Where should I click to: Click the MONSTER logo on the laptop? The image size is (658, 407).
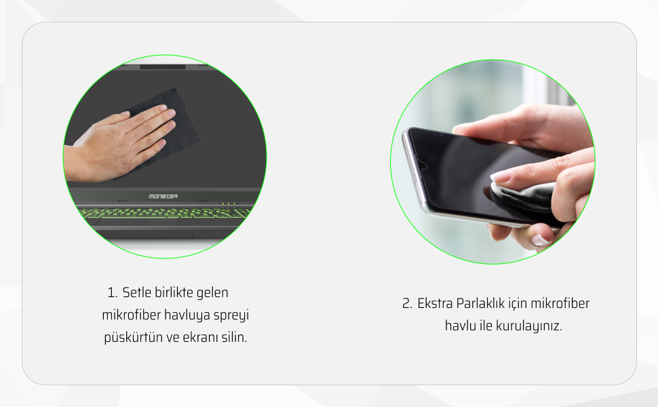(163, 196)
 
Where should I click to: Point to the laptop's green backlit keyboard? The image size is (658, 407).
(163, 213)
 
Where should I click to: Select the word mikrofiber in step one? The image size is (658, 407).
(131, 315)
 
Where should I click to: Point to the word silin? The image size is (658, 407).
(234, 337)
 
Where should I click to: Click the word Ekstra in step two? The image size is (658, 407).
(435, 303)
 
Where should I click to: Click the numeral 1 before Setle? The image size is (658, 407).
(112, 292)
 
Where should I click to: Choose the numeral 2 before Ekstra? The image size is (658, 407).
(406, 303)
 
